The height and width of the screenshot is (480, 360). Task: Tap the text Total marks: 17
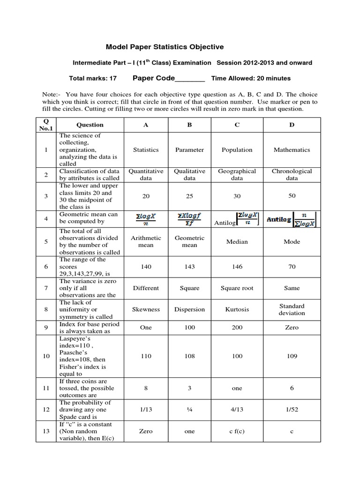click(x=93, y=79)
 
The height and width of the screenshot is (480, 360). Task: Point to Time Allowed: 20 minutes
click(x=251, y=79)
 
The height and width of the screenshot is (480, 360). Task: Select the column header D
click(x=292, y=125)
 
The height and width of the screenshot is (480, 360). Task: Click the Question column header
click(x=90, y=125)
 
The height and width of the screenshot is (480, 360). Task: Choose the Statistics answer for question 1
click(x=146, y=150)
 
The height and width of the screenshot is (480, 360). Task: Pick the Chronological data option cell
click(x=292, y=175)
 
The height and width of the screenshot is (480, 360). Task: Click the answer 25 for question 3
click(x=189, y=196)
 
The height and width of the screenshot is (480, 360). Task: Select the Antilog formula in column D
click(x=292, y=219)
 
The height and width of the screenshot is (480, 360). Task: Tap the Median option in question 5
click(x=237, y=242)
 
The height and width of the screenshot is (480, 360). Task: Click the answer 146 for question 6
click(x=237, y=266)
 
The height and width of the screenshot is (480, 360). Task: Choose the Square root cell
click(x=237, y=288)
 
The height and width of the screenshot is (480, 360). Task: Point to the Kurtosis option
click(x=237, y=309)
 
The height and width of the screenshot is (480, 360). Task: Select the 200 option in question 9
click(x=237, y=328)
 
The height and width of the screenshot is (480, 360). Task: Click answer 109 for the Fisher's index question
click(x=292, y=356)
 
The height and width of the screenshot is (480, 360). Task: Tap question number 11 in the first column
click(x=46, y=388)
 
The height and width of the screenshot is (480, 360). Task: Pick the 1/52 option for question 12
click(x=292, y=410)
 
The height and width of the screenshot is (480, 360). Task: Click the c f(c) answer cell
click(x=237, y=431)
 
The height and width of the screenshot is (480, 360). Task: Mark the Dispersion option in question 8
click(x=189, y=309)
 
